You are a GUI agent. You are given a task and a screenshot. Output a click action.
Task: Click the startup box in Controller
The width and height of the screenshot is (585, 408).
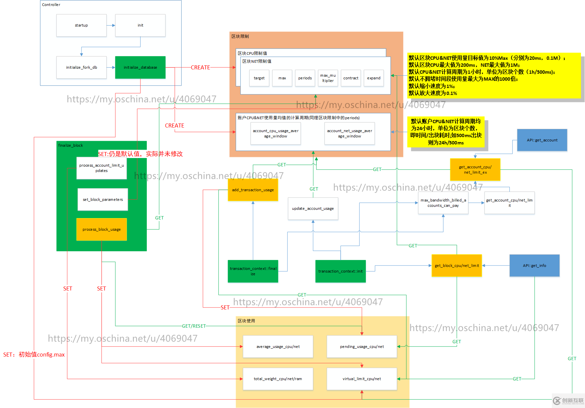point(81,25)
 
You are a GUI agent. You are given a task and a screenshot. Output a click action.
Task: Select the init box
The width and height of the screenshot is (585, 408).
point(140,25)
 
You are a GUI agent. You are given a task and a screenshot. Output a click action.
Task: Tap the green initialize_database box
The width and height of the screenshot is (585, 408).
point(140,67)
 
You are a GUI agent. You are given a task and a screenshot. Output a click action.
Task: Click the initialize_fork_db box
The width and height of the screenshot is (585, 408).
point(81,67)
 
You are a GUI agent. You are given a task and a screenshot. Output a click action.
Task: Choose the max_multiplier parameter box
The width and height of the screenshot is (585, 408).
point(328,78)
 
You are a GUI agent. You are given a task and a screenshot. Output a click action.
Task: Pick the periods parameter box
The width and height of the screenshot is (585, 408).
point(305,78)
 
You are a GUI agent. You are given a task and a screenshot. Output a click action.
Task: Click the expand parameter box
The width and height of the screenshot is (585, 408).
point(374,78)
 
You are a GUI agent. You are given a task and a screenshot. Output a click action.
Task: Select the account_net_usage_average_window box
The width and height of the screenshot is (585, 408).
point(349,133)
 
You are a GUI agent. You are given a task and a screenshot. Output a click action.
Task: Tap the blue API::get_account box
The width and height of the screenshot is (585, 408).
point(542,140)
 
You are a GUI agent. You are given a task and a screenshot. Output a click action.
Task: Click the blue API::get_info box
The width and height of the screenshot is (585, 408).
point(534,266)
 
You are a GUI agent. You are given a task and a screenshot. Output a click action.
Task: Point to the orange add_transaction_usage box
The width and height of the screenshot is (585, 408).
point(253,190)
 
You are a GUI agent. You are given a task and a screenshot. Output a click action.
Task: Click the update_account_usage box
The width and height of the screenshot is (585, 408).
point(313,208)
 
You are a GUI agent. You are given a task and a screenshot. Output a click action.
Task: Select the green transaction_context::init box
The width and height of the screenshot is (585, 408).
point(340,271)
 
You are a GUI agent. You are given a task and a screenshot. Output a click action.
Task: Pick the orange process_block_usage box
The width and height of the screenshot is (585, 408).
point(101,229)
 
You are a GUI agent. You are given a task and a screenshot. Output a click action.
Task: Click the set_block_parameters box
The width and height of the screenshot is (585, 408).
point(103,200)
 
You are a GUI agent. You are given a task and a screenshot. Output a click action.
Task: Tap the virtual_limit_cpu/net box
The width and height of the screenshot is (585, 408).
point(362,379)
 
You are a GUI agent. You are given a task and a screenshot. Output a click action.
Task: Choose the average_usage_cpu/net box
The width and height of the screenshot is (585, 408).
point(278,347)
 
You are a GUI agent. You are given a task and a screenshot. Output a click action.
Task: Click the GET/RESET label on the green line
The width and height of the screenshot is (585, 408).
point(194,326)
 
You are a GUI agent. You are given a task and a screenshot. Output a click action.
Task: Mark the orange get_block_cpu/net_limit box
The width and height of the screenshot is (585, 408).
point(456,266)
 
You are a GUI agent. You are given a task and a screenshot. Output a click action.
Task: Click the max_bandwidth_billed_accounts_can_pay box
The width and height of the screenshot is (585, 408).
point(443,203)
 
